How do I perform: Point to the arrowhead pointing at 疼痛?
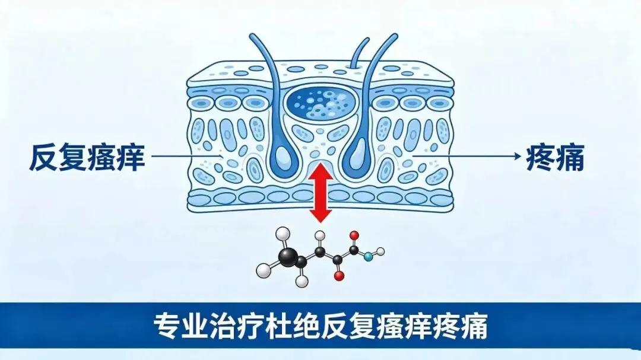coord(517,156)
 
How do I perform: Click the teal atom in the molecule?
coord(369,257)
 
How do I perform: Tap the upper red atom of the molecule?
coord(354,235)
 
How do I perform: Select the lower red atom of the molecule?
coord(339,276)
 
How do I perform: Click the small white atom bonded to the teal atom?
coord(380,251)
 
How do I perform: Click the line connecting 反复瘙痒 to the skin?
coord(186,156)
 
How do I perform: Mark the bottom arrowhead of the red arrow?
coord(320,215)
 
